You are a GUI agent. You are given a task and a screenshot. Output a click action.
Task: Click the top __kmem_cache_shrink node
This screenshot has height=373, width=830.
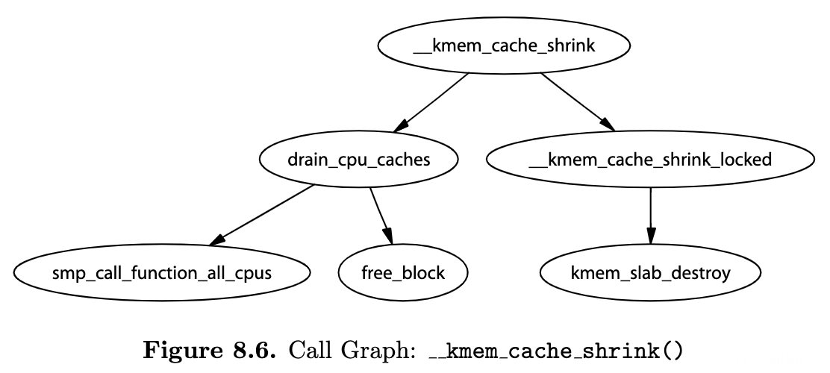[x=503, y=46]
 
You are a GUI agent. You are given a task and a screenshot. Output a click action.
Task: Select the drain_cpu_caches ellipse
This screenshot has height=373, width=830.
[x=358, y=159]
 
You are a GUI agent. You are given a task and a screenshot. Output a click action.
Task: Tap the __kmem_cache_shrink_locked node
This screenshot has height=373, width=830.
[x=650, y=159]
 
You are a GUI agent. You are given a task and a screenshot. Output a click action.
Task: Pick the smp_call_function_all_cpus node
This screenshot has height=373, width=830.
[x=161, y=273]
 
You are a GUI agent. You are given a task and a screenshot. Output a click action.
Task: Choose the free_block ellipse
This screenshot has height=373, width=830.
[x=403, y=273]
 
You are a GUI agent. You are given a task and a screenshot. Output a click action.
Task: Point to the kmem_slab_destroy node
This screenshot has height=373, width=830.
[x=650, y=273]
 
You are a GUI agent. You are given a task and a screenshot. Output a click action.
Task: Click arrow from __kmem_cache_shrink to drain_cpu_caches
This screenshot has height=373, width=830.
[x=431, y=102]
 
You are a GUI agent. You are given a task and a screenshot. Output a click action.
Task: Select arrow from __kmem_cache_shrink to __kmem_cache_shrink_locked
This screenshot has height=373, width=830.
[x=578, y=101]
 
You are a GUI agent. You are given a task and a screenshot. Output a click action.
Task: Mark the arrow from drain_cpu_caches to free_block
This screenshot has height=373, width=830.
[x=381, y=216]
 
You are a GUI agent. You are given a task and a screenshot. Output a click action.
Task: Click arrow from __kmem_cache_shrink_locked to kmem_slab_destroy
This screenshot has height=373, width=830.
[x=651, y=216]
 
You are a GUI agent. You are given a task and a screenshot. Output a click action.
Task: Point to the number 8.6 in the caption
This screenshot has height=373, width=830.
[x=254, y=351]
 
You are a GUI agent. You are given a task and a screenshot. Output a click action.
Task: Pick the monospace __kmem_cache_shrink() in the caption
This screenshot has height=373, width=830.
[x=556, y=351]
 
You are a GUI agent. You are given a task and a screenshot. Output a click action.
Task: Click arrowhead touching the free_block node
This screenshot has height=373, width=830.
[x=388, y=236]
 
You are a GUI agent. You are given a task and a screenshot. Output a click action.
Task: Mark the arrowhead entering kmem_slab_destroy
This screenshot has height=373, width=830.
[x=651, y=236]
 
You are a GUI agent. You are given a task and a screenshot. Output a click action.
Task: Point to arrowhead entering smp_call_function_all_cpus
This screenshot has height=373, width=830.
[x=216, y=241]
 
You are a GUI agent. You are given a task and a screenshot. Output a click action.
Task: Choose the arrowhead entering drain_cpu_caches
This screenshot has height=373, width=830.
[x=401, y=125]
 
